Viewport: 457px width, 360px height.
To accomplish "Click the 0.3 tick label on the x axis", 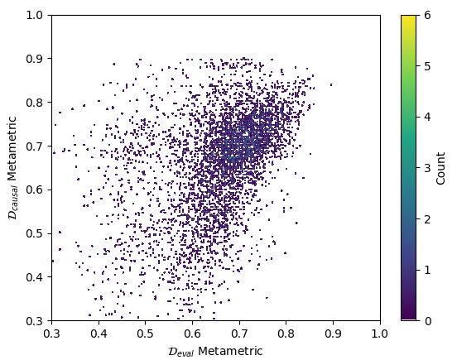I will (51, 334).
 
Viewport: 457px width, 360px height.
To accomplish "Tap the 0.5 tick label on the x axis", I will (145, 334).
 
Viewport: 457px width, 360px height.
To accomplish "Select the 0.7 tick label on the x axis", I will (239, 334).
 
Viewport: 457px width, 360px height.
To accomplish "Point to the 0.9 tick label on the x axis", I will (333, 334).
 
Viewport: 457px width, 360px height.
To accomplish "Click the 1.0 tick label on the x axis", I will (379, 334).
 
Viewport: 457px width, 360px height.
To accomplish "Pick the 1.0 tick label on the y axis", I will (35, 16).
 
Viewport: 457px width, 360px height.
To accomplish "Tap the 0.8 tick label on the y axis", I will (35, 103).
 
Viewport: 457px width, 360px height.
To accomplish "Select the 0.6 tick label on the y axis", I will (35, 190).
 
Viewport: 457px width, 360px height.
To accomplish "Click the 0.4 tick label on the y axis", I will (35, 277).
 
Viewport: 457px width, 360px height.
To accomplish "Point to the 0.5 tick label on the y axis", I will (35, 233).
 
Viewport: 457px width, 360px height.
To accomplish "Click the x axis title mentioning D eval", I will (215, 351).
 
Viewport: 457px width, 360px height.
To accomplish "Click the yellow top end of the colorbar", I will (408, 17).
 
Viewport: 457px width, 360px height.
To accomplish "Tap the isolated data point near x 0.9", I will (331, 84).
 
